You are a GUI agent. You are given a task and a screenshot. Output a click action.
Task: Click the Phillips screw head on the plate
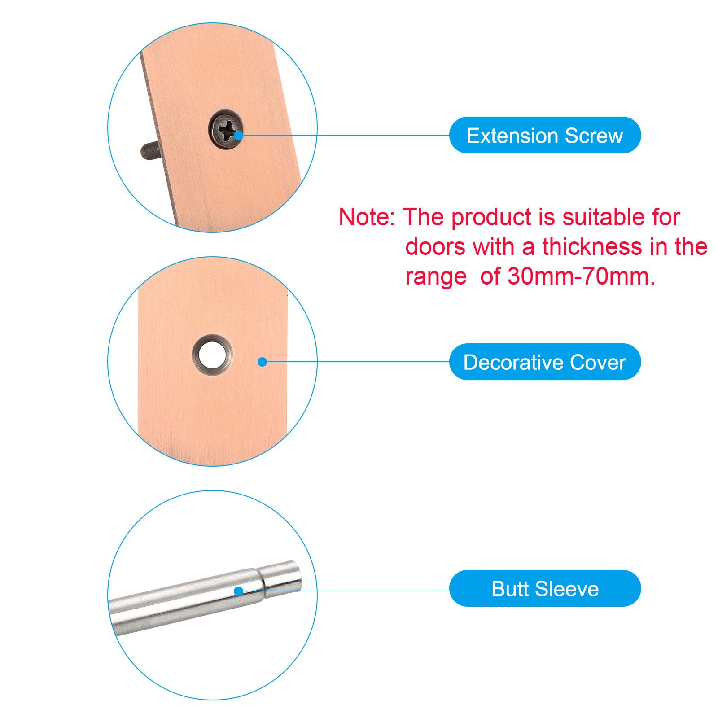tap(225, 128)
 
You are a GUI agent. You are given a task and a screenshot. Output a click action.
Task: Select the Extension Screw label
tap(545, 135)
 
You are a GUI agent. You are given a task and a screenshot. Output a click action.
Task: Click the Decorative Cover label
tap(545, 362)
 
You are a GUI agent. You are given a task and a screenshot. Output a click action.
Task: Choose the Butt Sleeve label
tap(545, 588)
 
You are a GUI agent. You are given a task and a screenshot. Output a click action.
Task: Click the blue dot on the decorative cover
tap(263, 362)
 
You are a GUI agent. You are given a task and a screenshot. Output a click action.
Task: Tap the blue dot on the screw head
tap(238, 135)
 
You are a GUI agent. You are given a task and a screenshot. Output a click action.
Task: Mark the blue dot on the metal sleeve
tap(239, 591)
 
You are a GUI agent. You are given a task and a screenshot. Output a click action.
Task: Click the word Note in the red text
tap(364, 217)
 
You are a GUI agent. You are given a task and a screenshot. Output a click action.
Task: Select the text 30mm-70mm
tap(581, 276)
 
